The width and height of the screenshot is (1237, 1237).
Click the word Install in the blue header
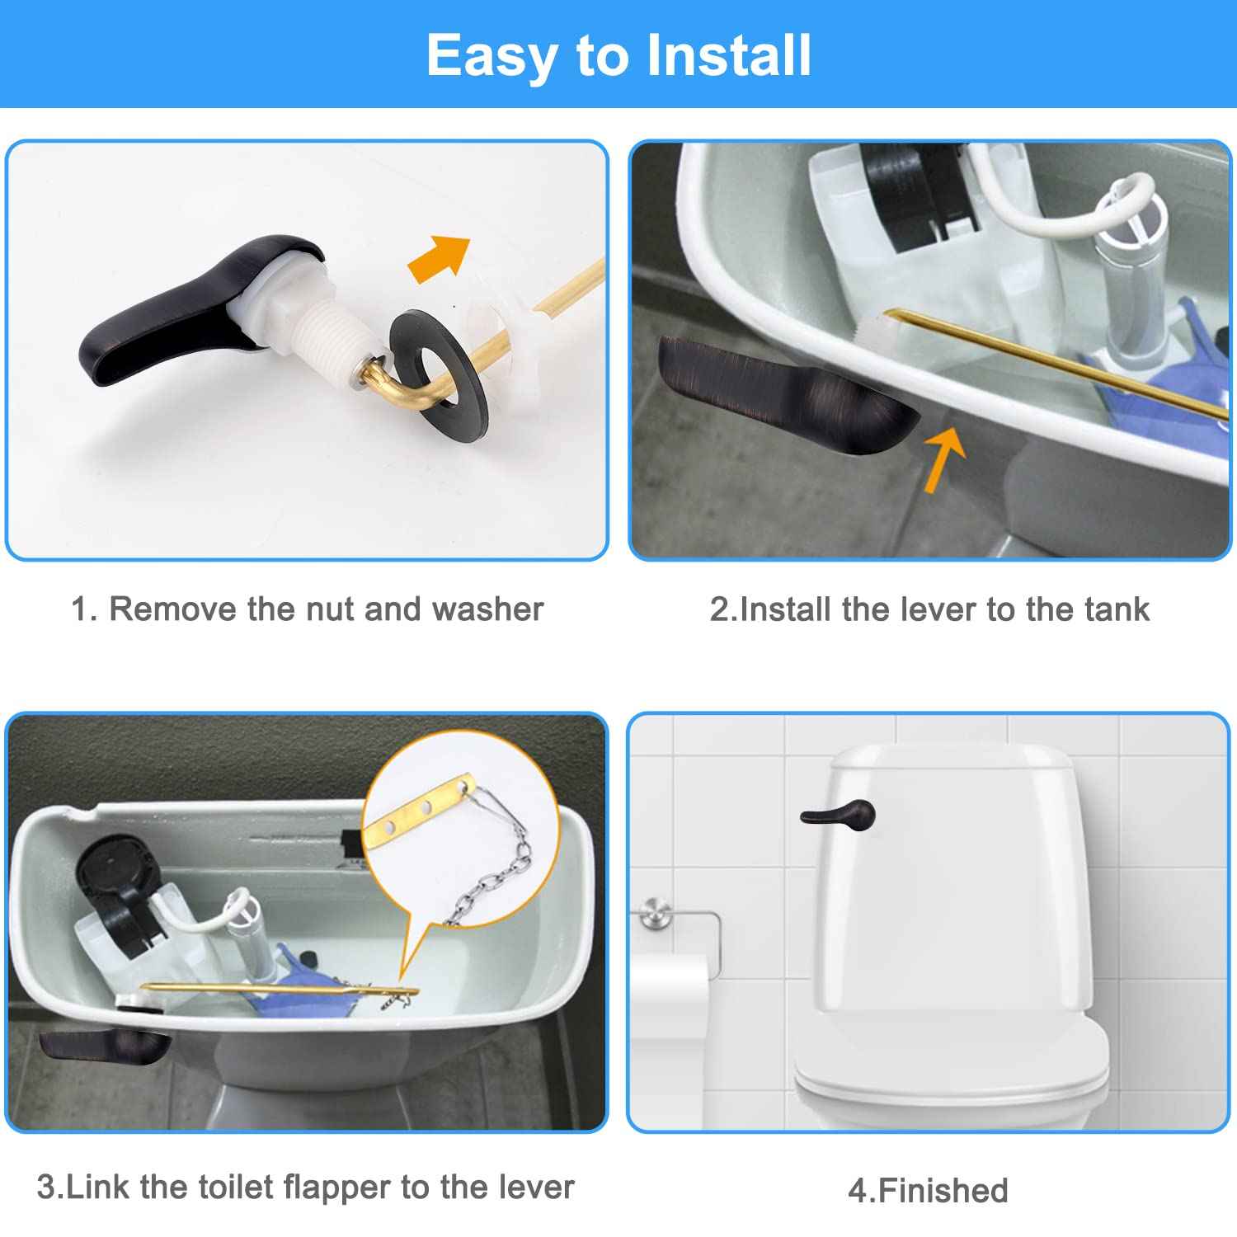[x=729, y=55]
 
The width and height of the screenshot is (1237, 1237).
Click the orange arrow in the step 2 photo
[x=944, y=459]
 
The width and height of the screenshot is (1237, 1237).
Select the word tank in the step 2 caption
[x=1117, y=609]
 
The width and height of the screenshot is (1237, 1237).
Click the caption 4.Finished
[x=929, y=1190]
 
